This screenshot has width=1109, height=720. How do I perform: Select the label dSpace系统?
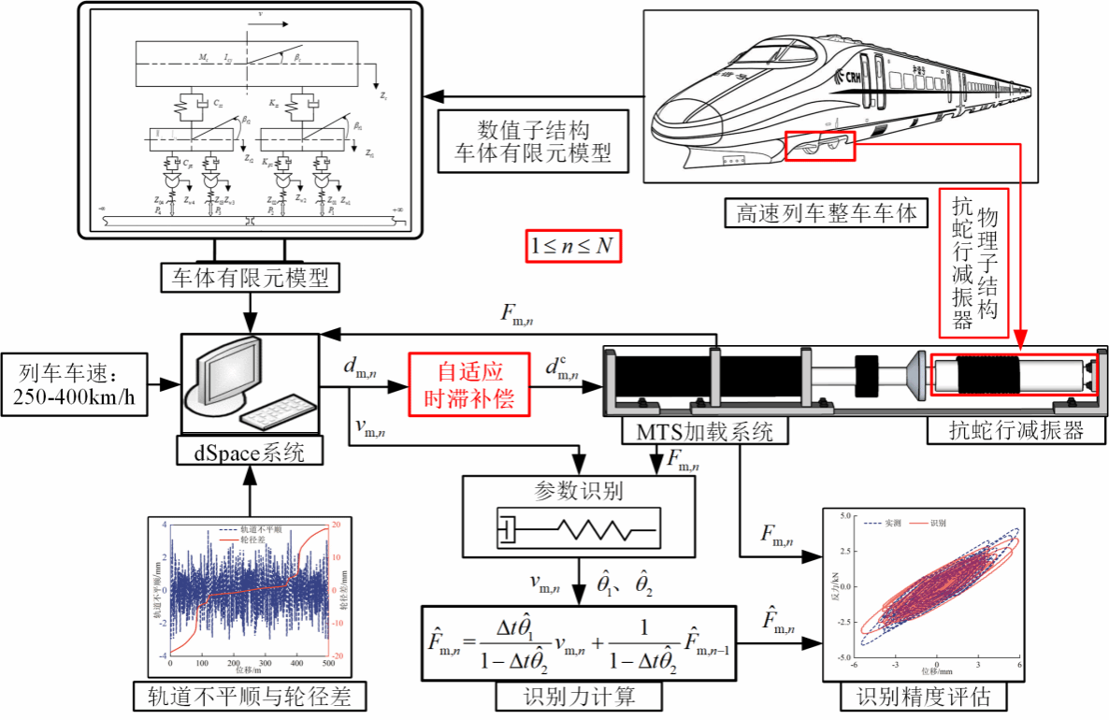click(x=249, y=454)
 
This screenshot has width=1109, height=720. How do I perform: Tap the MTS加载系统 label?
click(x=692, y=431)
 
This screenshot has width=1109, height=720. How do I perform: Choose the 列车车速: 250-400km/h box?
click(x=78, y=385)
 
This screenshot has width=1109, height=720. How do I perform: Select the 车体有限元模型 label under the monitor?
click(x=249, y=278)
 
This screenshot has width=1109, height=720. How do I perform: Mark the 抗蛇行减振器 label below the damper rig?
click(x=1015, y=431)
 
